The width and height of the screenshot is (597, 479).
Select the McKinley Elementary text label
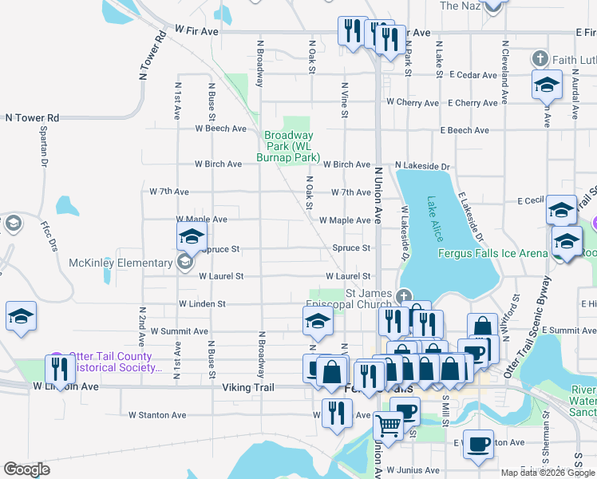coord(120,262)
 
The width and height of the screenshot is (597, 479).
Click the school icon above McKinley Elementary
coord(192,237)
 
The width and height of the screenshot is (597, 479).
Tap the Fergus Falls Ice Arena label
coord(493,254)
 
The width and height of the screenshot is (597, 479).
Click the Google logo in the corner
coord(26,469)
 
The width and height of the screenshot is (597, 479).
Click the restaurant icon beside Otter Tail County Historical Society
coord(59,368)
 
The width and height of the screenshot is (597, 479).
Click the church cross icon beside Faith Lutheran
coord(540,59)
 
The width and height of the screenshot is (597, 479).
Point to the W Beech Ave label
coord(222,128)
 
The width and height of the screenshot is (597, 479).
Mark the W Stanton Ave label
coord(157,415)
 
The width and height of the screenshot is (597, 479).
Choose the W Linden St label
coord(203,304)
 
